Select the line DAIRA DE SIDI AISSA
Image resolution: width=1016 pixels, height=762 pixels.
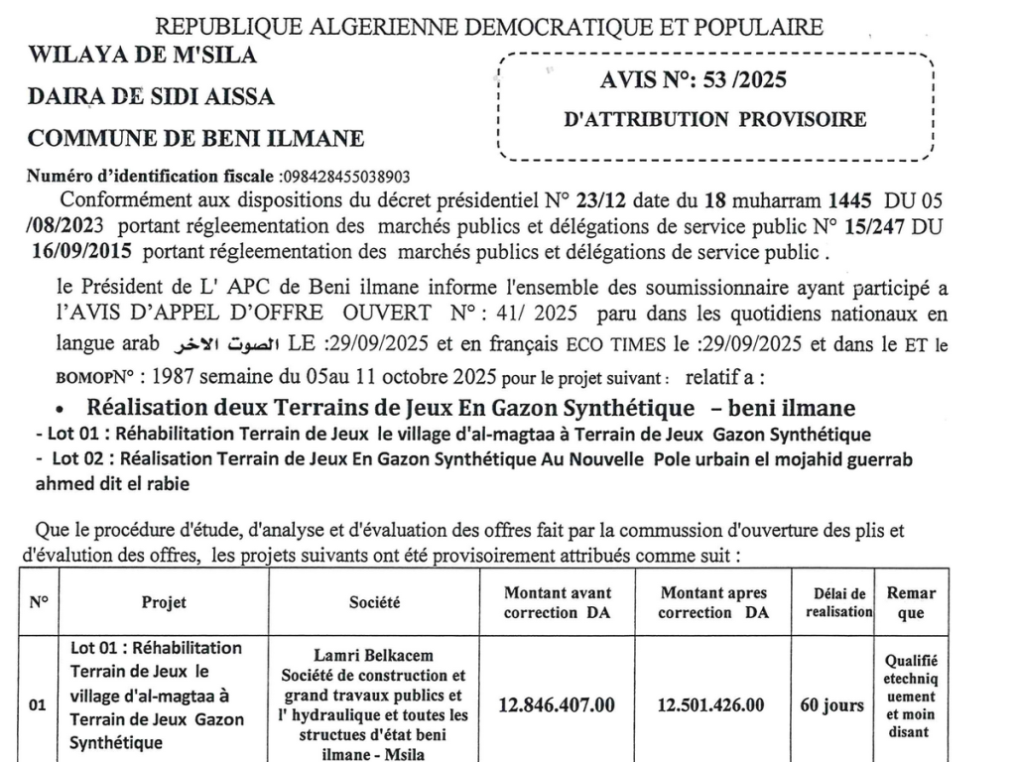pyautogui.click(x=152, y=97)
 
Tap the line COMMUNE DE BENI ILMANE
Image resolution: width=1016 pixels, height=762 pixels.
pyautogui.click(x=195, y=139)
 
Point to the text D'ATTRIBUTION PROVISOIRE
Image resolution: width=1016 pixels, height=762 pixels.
pyautogui.click(x=714, y=120)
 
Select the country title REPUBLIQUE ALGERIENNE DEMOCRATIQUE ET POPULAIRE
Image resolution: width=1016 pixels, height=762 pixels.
pyautogui.click(x=491, y=26)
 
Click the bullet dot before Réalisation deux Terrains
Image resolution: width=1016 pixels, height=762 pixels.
pyautogui.click(x=62, y=409)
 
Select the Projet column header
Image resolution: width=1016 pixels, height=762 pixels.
pyautogui.click(x=164, y=602)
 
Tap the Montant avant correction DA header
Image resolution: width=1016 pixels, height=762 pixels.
pyautogui.click(x=559, y=602)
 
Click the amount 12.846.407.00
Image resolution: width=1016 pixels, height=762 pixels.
pyautogui.click(x=559, y=705)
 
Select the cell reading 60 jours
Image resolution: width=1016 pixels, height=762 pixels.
pyautogui.click(x=831, y=705)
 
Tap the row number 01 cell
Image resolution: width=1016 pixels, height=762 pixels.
pyautogui.click(x=37, y=705)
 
